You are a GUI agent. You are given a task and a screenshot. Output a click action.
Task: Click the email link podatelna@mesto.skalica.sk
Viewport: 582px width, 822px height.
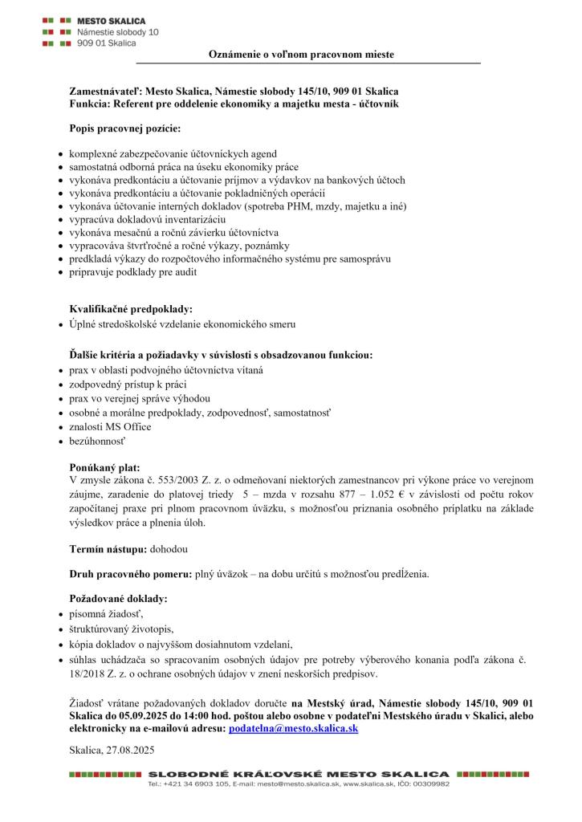click(x=293, y=727)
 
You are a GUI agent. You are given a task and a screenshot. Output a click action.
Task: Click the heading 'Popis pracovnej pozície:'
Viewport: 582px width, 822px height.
click(x=124, y=128)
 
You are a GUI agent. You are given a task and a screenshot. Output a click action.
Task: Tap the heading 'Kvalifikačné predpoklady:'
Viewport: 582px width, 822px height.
click(x=131, y=308)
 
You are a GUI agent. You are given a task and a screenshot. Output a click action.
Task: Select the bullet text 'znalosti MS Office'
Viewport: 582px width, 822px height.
click(x=110, y=427)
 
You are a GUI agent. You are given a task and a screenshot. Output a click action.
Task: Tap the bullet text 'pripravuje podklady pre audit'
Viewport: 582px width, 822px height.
click(x=132, y=272)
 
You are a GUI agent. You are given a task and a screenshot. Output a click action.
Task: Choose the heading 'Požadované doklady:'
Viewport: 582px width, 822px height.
click(x=118, y=599)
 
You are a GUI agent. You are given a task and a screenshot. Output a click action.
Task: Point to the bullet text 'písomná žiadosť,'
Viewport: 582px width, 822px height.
click(x=106, y=614)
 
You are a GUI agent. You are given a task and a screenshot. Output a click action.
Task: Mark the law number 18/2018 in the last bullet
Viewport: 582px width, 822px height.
click(x=88, y=673)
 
